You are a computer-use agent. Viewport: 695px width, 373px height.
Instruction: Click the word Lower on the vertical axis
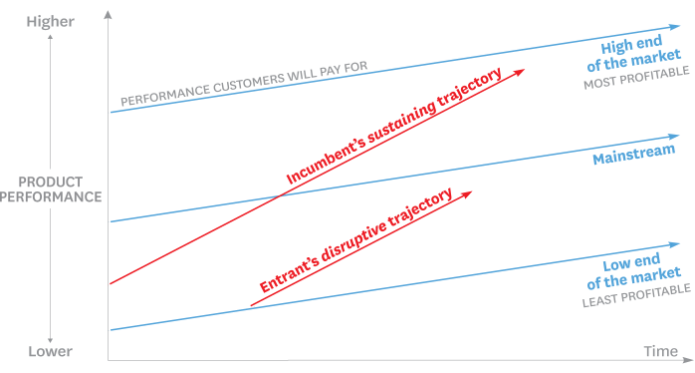pos(50,351)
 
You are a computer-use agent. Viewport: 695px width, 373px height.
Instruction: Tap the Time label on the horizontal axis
pos(660,351)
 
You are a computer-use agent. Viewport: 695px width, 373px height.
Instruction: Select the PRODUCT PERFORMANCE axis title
pos(51,189)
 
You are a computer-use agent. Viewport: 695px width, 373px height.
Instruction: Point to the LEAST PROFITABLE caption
pos(636,289)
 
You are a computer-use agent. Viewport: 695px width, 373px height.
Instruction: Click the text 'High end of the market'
pos(641,56)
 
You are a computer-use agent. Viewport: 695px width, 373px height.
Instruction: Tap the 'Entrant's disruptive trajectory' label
pos(356,239)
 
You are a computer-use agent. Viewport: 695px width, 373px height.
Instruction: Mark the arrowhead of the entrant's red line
pos(468,192)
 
